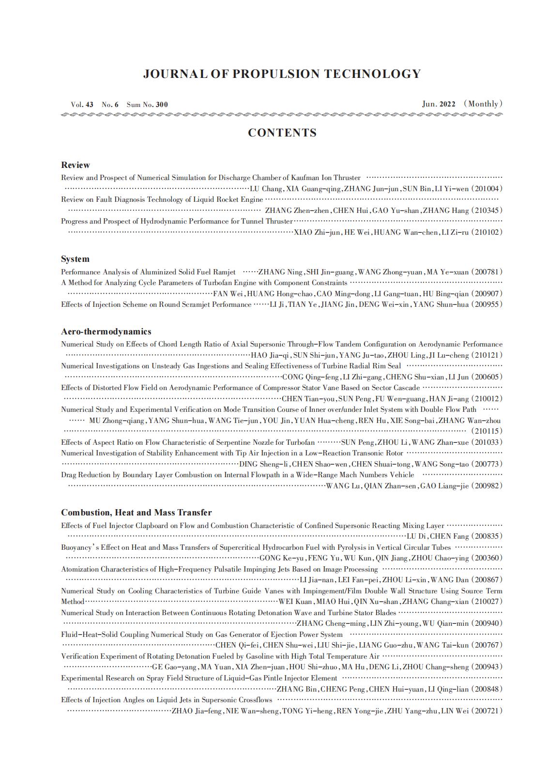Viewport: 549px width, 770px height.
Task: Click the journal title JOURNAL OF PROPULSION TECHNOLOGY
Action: tap(282, 74)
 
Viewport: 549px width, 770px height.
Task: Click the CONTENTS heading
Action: tap(282, 133)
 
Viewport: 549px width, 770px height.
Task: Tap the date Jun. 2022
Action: tap(439, 104)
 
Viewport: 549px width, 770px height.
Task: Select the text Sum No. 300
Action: tap(147, 105)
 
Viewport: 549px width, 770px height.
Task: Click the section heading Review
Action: tap(76, 165)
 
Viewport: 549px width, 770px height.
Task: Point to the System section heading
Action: tap(75, 259)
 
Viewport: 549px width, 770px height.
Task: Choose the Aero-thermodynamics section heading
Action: tap(106, 332)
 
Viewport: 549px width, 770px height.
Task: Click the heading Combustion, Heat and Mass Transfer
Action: tap(136, 513)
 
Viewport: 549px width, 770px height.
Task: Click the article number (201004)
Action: tap(487, 189)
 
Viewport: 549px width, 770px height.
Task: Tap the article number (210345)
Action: tap(487, 211)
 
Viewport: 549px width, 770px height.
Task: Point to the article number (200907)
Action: tap(487, 294)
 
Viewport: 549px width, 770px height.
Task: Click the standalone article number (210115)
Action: tap(487, 431)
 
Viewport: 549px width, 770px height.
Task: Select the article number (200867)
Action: tap(487, 580)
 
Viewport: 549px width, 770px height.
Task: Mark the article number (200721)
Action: tap(487, 711)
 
